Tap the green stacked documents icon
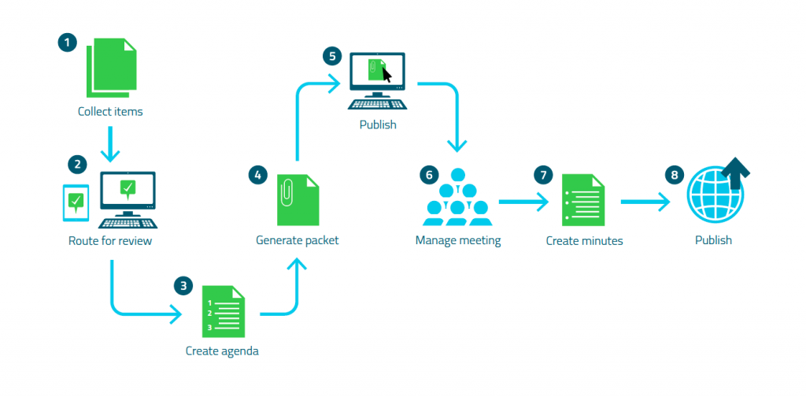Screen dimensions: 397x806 point(111,65)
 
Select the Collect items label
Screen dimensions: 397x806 point(110,111)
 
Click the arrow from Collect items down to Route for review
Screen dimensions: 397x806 point(110,142)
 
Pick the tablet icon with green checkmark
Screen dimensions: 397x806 point(76,202)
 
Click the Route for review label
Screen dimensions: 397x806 point(110,240)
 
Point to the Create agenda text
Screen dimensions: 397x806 point(222,351)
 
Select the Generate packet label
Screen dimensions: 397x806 point(298,239)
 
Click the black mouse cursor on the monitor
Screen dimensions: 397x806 point(386,74)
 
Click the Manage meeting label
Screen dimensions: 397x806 point(458,240)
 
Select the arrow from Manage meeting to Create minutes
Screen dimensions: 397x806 point(523,202)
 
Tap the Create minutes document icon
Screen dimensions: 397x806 point(583,202)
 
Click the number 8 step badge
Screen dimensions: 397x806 point(674,174)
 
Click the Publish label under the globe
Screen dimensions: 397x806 point(713,240)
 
